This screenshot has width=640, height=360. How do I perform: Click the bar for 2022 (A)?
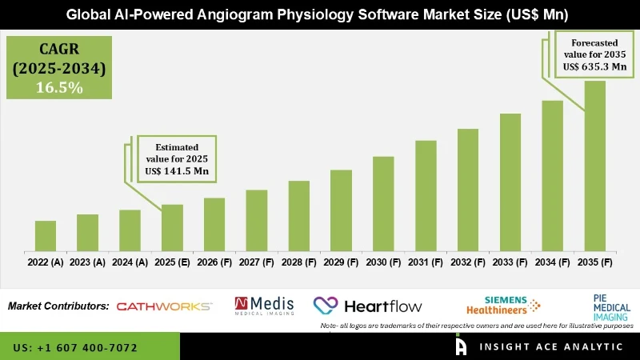[46, 235]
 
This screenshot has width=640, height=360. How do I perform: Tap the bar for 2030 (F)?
[383, 203]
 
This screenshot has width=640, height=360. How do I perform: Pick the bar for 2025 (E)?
[172, 227]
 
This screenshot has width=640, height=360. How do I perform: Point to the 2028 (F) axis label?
[298, 262]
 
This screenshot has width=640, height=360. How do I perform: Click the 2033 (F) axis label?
[510, 262]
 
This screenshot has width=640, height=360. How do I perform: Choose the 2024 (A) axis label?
[130, 262]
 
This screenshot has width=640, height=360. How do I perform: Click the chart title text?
[320, 14]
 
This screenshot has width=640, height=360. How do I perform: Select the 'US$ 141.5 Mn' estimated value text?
[178, 170]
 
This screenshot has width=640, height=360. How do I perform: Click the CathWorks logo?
[164, 306]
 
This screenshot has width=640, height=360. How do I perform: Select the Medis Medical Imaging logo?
[264, 306]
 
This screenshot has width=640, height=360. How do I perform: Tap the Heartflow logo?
[368, 306]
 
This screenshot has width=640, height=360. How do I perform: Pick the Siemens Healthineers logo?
[502, 305]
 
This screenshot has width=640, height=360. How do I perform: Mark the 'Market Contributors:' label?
[58, 306]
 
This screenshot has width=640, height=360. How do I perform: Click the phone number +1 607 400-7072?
[75, 348]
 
